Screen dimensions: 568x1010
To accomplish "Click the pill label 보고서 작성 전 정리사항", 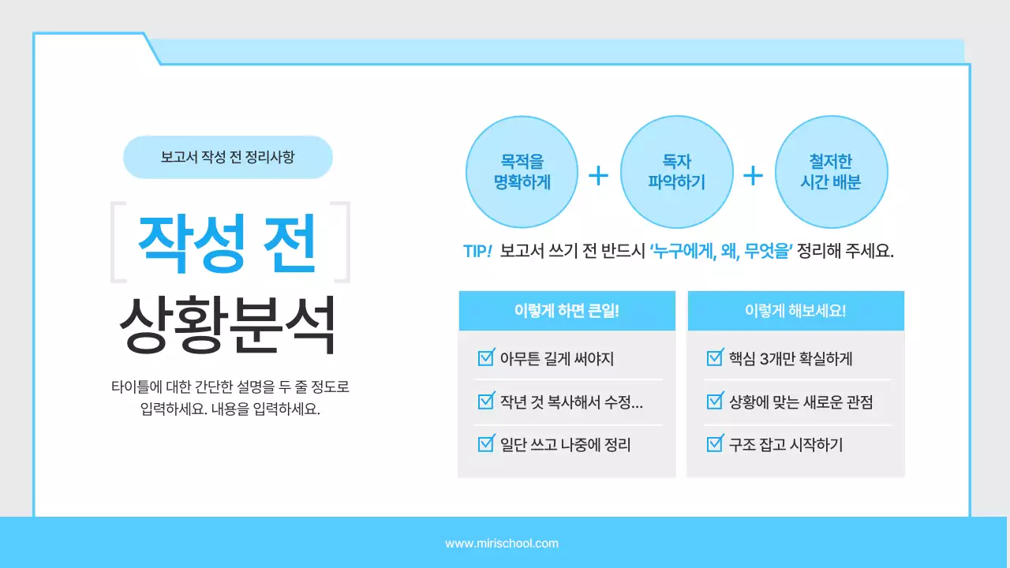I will click(227, 157).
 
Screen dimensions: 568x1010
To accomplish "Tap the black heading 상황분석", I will click(227, 324).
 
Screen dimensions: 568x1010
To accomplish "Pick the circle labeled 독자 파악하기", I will click(676, 172).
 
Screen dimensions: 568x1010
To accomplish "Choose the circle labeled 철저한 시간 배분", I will click(832, 172).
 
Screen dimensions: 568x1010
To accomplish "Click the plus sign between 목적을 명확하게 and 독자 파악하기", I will click(599, 175).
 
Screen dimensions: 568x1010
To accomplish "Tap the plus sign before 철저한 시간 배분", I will click(754, 175).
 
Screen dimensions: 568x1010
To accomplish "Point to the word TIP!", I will click(477, 252).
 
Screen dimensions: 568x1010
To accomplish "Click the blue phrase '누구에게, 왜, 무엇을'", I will click(720, 252).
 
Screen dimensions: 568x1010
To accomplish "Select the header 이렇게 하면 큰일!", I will click(567, 310).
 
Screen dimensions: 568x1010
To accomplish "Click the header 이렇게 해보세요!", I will click(795, 310).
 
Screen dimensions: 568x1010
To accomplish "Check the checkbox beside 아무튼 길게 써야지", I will click(486, 358).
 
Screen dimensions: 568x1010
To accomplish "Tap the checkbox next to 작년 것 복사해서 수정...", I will click(486, 402).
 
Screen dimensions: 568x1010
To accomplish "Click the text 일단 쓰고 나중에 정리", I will click(565, 445).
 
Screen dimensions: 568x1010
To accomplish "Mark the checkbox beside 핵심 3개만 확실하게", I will click(715, 358).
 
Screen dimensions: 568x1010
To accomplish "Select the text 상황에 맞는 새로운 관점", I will click(800, 402).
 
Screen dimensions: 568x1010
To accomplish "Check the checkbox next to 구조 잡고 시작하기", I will click(715, 444).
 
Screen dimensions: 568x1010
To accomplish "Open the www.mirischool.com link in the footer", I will click(502, 544).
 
